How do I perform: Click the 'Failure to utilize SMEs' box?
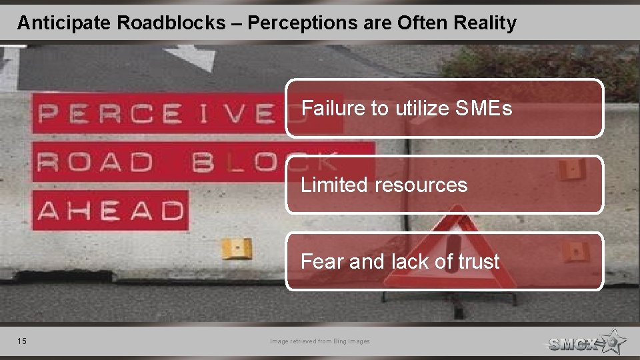(445, 108)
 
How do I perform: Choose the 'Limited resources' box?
(445, 185)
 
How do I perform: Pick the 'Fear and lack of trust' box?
(445, 261)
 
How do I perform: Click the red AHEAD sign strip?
(111, 211)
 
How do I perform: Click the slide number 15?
(22, 341)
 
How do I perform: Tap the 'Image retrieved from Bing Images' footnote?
(319, 341)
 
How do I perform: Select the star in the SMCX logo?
(612, 341)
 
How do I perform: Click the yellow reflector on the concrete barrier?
(236, 248)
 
